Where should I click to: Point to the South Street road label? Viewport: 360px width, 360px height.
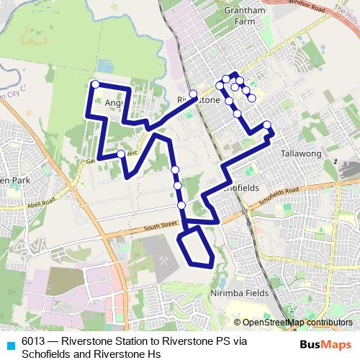click(159, 226)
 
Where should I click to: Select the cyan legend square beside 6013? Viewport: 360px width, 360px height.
click(10, 344)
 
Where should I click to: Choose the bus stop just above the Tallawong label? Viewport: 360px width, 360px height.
click(267, 125)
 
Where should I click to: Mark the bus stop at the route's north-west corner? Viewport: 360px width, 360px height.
click(94, 85)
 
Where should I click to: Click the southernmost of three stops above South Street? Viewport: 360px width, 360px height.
click(181, 205)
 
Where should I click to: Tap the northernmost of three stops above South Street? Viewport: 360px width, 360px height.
click(175, 170)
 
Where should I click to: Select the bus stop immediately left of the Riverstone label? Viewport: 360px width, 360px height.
click(193, 94)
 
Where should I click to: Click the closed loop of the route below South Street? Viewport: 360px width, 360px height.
click(195, 248)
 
